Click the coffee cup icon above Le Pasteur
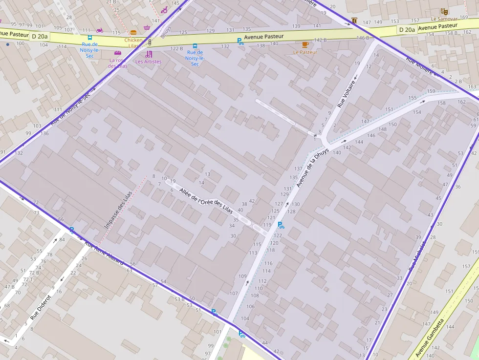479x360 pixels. [305, 44]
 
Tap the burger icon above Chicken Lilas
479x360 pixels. [133, 33]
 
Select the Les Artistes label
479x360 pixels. [148, 62]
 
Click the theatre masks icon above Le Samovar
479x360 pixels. [444, 11]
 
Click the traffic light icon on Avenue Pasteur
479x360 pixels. [150, 42]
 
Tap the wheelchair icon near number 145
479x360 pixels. [164, 9]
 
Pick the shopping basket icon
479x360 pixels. [147, 27]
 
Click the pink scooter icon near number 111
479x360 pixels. [100, 30]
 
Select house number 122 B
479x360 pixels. [176, 48]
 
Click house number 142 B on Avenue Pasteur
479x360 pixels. [320, 40]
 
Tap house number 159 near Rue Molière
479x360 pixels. [431, 91]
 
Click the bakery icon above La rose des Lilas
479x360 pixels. [117, 53]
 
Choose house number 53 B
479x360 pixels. [179, 299]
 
